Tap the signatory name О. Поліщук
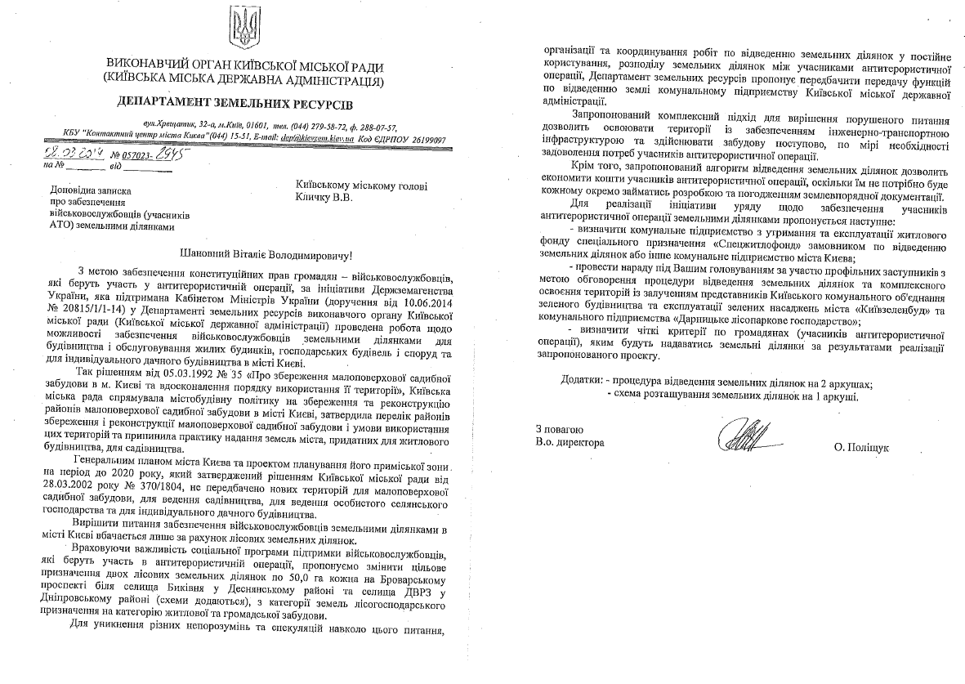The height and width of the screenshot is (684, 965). click(861, 448)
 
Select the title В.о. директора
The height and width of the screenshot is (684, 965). click(570, 443)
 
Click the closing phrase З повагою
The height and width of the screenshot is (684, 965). click(560, 429)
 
